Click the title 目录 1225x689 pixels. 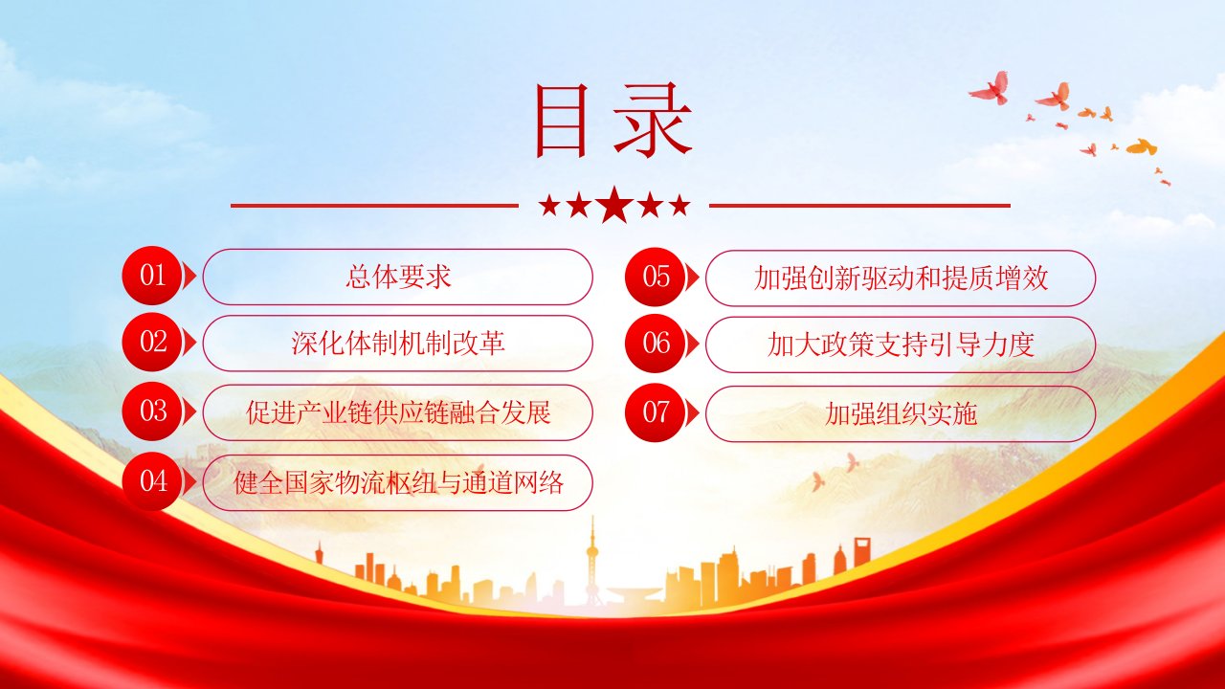[x=613, y=121]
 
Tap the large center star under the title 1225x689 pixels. [x=614, y=205]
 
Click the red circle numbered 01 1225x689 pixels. [x=152, y=276]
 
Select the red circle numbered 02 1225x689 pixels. [x=152, y=343]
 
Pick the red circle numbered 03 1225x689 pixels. [x=152, y=411]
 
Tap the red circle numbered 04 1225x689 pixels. [x=152, y=481]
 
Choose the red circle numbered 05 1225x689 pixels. [x=656, y=277]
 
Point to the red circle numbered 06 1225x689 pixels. [x=656, y=344]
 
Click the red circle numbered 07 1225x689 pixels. [x=656, y=412]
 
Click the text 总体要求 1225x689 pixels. [x=397, y=277]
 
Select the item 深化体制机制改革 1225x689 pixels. [x=397, y=344]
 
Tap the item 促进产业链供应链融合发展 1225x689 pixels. [x=397, y=412]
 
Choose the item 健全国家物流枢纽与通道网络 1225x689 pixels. [x=397, y=483]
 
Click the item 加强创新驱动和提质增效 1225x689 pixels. [x=901, y=278]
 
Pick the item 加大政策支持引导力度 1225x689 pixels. [x=901, y=344]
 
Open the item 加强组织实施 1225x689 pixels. [x=901, y=414]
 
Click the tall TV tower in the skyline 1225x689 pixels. [x=591, y=564]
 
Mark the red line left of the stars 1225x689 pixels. [x=374, y=206]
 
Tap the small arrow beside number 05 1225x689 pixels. [x=693, y=278]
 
